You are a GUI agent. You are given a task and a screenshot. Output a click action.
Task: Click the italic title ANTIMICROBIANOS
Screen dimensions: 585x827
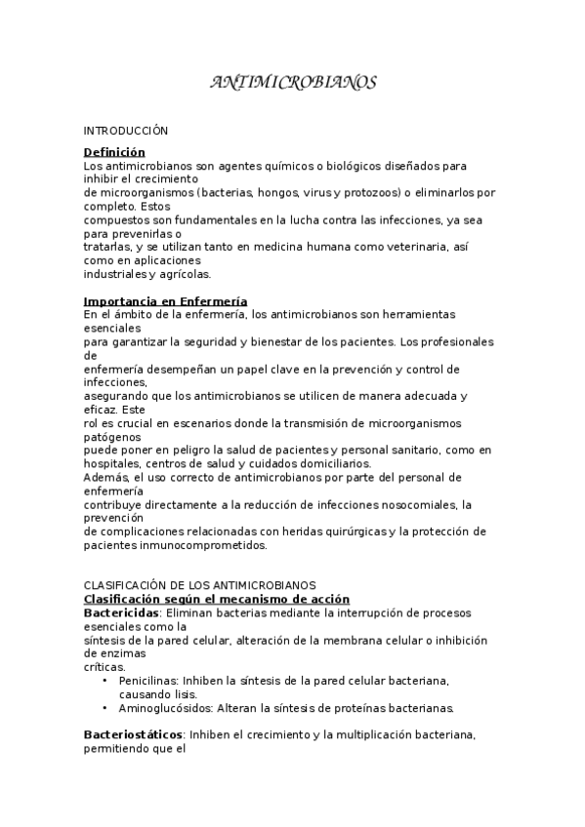[293, 84]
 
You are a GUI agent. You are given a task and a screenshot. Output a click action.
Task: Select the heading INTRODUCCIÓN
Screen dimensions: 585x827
[126, 130]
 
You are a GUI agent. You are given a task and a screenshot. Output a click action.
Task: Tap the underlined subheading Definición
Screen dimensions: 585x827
[114, 152]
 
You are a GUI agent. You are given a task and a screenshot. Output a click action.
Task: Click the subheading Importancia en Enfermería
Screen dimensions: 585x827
[165, 300]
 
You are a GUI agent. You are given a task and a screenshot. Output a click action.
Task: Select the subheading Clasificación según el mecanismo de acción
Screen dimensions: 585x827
[217, 598]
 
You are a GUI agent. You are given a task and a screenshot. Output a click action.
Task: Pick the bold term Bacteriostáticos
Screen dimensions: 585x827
[133, 731]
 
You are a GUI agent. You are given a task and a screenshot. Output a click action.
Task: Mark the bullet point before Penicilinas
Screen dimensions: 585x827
[105, 680]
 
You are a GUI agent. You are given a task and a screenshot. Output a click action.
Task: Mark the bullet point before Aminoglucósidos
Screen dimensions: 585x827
[105, 708]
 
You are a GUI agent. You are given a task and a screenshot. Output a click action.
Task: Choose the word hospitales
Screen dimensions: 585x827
[111, 463]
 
